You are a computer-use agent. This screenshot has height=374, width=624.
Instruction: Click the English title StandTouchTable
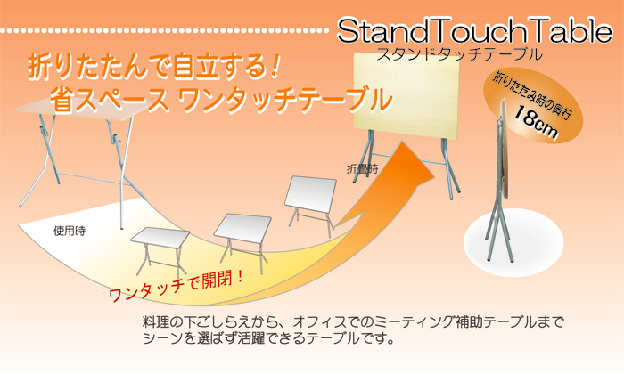(475, 31)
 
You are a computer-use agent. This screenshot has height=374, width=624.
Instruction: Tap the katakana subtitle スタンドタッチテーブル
(459, 53)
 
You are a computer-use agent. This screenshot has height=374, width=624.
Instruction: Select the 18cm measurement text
(536, 122)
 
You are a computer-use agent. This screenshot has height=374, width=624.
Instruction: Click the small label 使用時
(70, 231)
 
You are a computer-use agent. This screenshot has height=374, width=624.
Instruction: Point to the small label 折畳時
(363, 169)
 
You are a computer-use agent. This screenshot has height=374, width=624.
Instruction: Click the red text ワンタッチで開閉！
(177, 286)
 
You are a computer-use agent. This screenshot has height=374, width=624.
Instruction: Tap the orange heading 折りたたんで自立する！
(152, 67)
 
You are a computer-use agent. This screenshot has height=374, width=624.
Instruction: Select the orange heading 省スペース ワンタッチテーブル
(221, 100)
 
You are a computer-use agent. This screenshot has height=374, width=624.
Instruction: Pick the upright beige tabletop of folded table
(406, 96)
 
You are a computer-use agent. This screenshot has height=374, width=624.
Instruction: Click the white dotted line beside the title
(164, 30)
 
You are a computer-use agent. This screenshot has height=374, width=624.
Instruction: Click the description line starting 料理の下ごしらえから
(353, 322)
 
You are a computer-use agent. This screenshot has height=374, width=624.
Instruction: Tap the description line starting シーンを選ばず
(269, 338)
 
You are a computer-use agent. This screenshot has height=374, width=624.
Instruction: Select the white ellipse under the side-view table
(513, 242)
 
